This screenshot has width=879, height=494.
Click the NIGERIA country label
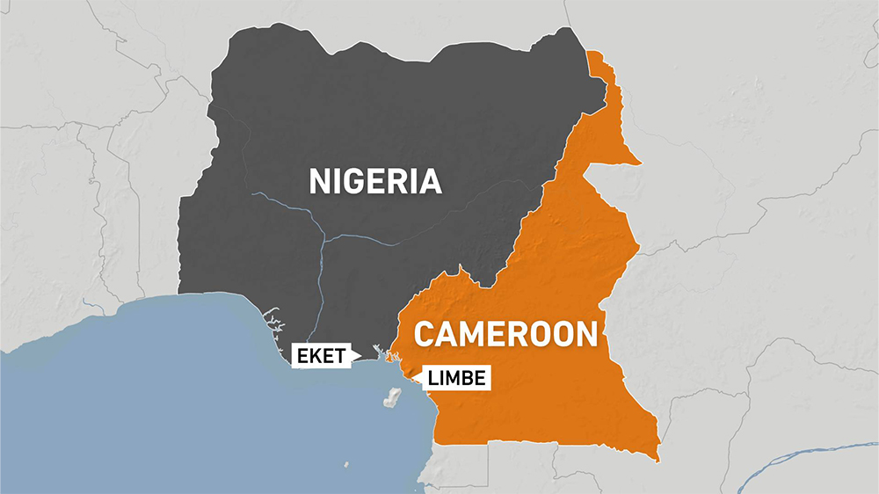(374, 181)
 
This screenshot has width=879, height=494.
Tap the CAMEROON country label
(505, 334)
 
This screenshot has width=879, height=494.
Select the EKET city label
(320, 356)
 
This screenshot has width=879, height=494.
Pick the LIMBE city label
(455, 379)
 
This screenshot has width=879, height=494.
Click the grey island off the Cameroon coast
(390, 398)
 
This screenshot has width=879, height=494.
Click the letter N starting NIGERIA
(319, 181)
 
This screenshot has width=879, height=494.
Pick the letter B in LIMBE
(466, 379)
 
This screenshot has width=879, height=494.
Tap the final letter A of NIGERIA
(429, 181)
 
